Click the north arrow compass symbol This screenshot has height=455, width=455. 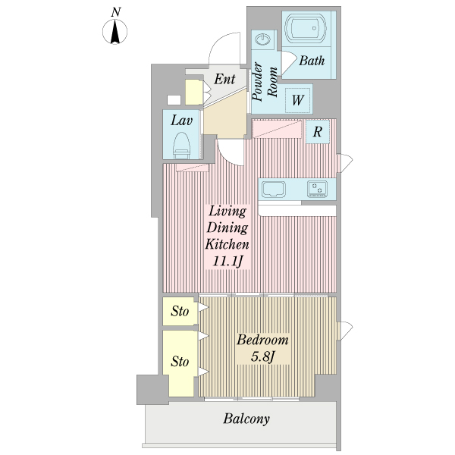pos(116,32)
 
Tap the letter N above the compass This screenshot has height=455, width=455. pos(116,11)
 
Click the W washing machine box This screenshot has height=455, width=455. pos(298,99)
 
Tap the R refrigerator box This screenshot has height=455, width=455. pos(318,130)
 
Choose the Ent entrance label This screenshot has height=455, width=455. pos(224,80)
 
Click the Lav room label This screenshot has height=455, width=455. pos(180,120)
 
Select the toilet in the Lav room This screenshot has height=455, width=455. pos(181,143)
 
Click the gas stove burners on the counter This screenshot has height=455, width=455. pos(317,187)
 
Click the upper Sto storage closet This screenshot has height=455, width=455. pos(179,311)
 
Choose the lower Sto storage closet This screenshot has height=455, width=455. pos(179,362)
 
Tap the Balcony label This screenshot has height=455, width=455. pos(246,419)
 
